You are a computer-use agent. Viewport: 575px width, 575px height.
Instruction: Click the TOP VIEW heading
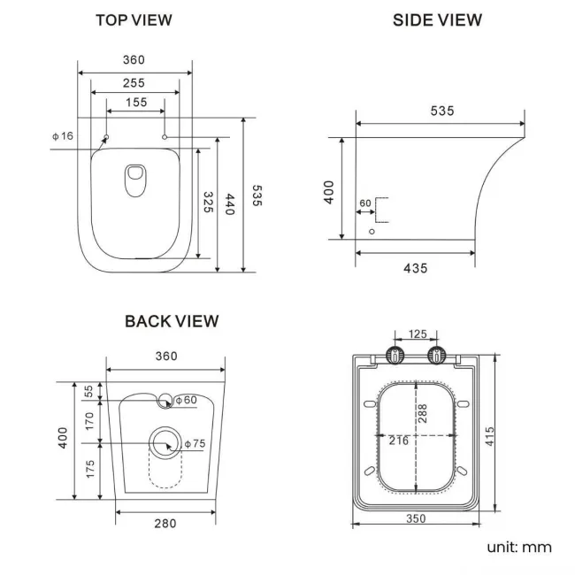point(134,19)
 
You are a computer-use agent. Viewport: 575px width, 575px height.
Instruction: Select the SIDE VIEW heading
point(437,19)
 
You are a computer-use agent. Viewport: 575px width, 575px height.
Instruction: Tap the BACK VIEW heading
point(172,321)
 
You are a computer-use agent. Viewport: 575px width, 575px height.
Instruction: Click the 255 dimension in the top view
point(134,82)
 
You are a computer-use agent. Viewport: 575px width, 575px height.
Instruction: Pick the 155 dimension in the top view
point(135,103)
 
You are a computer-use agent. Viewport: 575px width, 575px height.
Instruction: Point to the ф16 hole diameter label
point(63,135)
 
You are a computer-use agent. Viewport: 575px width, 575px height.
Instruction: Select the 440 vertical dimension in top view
point(231,205)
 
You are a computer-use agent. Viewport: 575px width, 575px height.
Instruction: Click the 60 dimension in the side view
point(365,203)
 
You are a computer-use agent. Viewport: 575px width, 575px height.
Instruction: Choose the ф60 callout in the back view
point(186,401)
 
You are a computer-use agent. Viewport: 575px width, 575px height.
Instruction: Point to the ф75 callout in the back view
point(193,444)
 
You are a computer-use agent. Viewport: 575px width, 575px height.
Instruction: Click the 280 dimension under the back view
point(165,524)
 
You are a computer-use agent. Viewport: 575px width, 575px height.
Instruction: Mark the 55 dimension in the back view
point(88,391)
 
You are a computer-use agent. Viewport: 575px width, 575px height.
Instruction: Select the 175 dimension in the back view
point(88,470)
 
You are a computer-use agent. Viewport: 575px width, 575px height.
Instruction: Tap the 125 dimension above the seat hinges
point(417,334)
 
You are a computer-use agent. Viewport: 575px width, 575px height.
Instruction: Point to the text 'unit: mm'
point(519,547)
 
